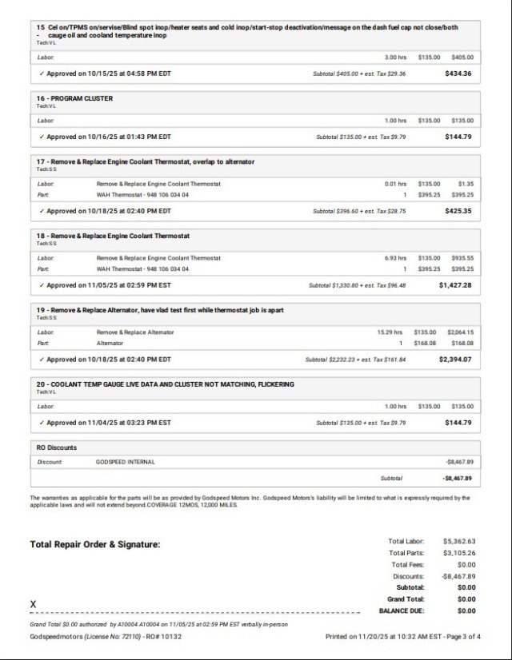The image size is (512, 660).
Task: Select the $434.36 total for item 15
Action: point(458,74)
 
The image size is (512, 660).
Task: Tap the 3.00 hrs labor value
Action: point(395,58)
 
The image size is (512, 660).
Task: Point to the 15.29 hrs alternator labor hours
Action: point(391,332)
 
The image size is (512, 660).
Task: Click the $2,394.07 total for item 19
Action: point(454,360)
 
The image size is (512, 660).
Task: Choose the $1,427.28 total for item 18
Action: point(454,285)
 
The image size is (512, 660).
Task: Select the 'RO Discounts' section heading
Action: point(58,448)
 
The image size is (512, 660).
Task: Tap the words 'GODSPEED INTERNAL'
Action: point(126,462)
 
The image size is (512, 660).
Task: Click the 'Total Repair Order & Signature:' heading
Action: point(95,544)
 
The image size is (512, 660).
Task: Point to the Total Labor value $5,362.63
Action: point(459,541)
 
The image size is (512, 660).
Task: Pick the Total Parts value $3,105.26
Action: point(459,553)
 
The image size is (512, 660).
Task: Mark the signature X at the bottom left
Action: point(34,604)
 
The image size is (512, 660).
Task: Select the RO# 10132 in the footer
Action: point(163,637)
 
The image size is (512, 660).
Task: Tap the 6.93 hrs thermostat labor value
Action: point(395,258)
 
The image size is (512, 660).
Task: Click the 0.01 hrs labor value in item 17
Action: point(395,184)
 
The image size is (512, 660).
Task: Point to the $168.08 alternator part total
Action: point(462,344)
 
